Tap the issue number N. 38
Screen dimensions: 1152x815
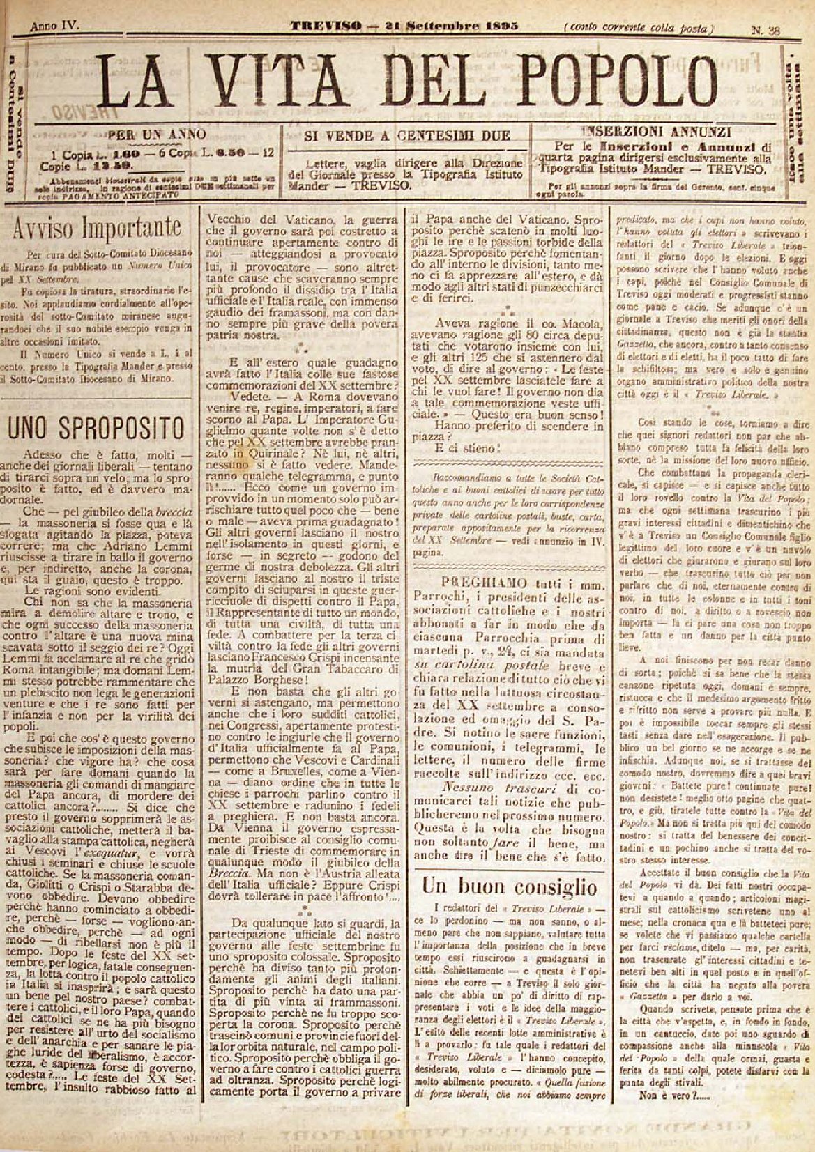[x=765, y=29]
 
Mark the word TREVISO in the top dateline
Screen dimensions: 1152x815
[x=326, y=26]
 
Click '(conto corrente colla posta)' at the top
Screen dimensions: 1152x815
[x=639, y=29]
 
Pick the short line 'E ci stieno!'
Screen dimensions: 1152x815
[x=466, y=448]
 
